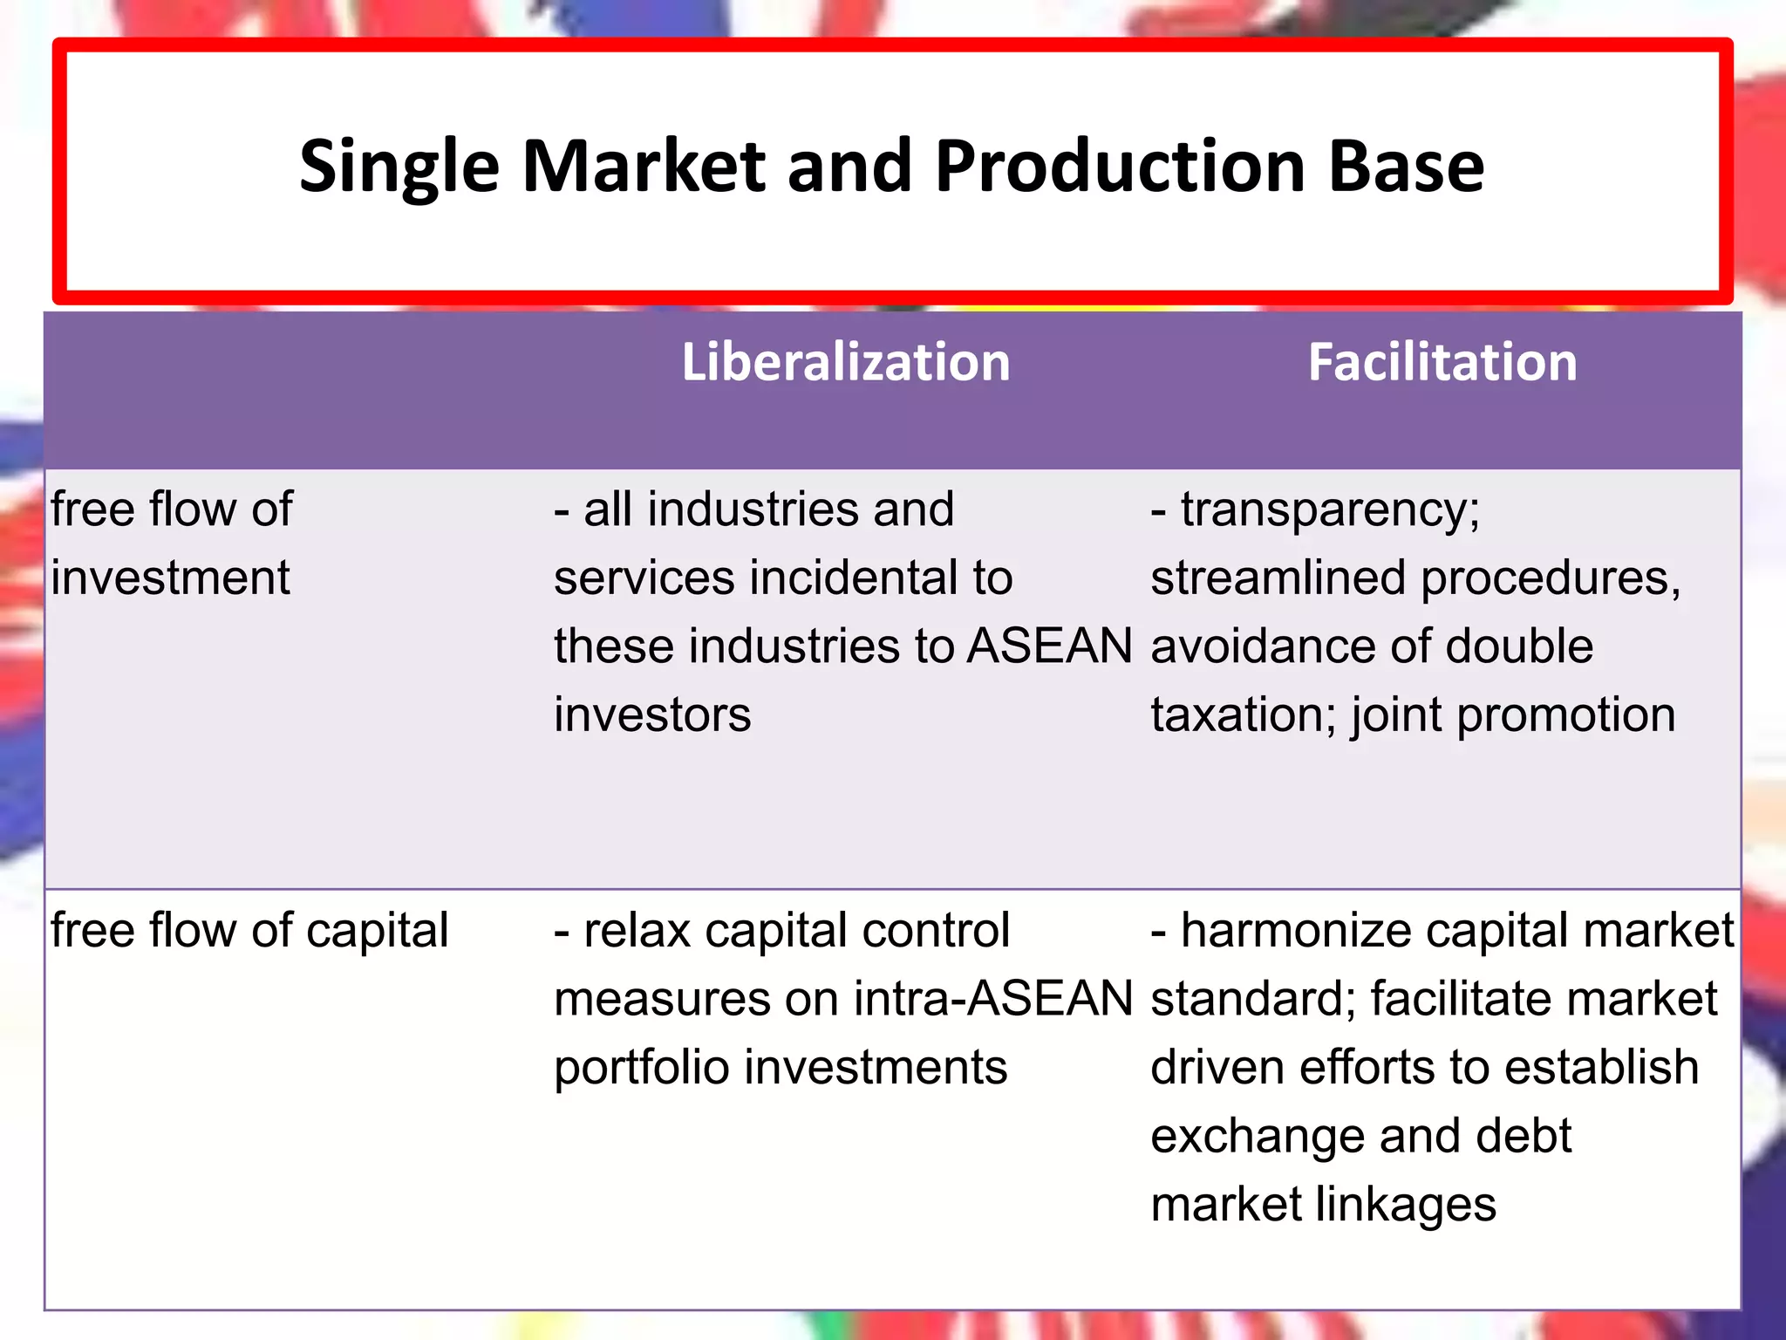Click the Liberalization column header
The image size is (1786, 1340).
(x=845, y=362)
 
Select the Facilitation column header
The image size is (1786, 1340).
(x=1442, y=362)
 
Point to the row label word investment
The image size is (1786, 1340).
(x=170, y=578)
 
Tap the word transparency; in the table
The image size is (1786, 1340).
(x=1330, y=509)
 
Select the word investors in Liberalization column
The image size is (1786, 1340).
(x=652, y=715)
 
